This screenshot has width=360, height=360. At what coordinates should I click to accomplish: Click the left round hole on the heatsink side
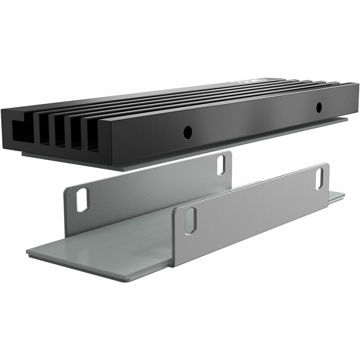(187, 132)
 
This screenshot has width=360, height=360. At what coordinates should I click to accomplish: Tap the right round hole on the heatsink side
(318, 107)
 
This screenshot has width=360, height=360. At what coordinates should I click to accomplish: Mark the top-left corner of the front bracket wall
(175, 208)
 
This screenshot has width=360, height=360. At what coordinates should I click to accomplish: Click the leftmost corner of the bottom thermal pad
(27, 252)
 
